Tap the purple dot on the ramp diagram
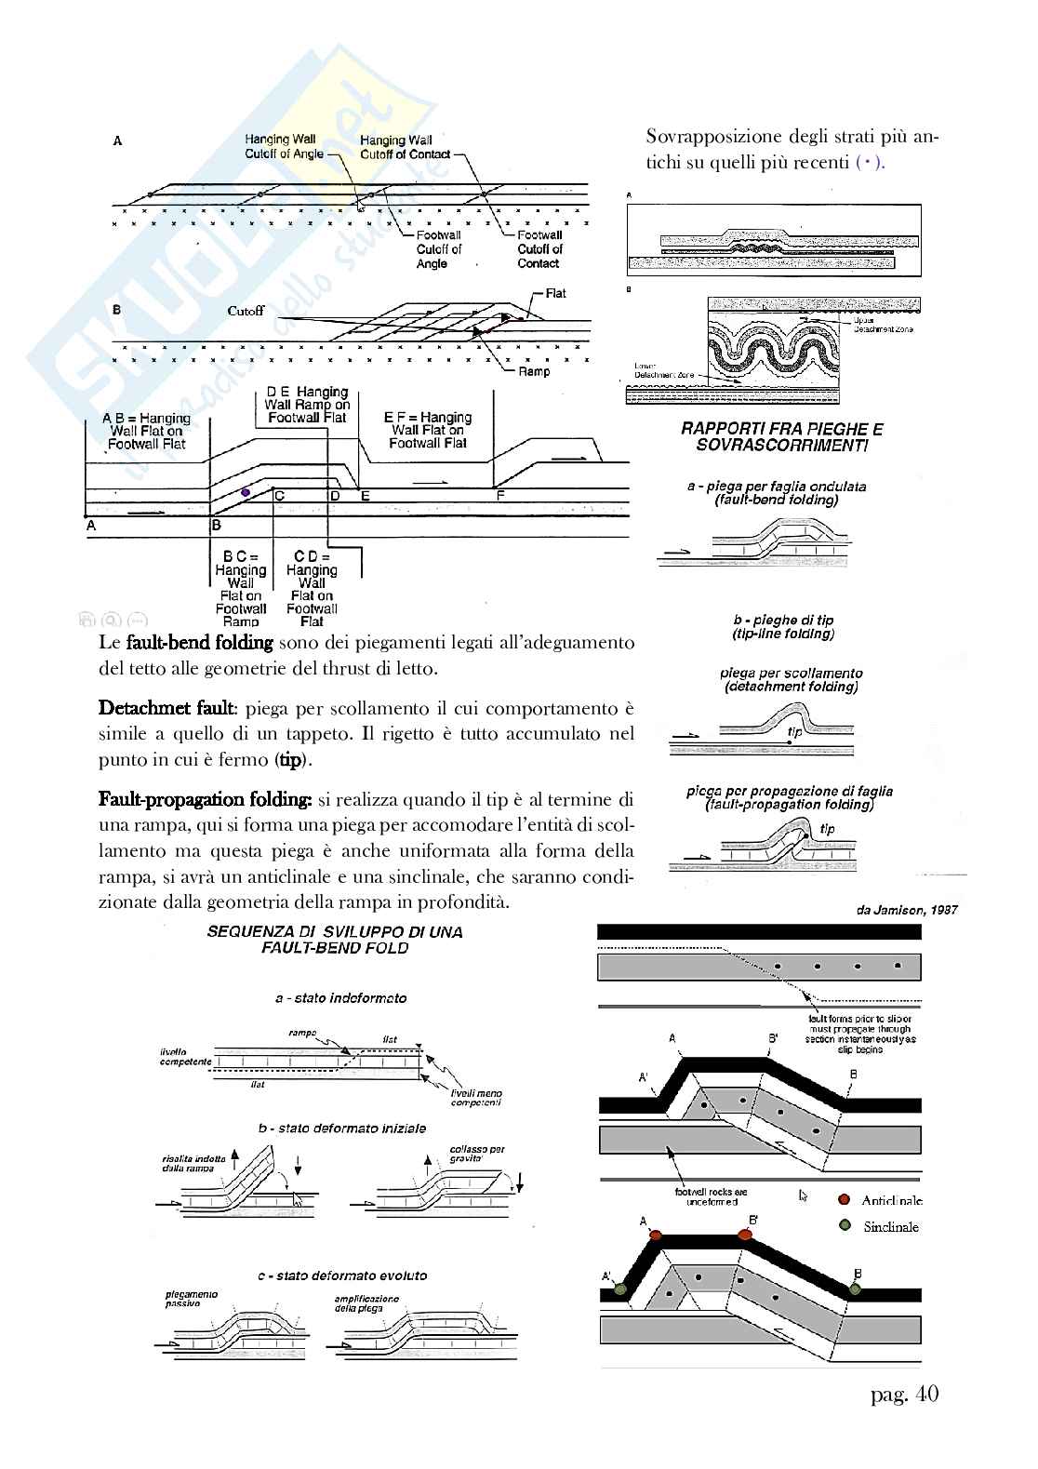point(246,491)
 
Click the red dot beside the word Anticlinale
point(844,1199)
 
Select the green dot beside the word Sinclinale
point(844,1225)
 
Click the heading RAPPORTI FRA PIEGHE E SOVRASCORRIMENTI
point(781,437)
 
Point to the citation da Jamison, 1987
point(907,910)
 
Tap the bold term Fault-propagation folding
point(205,799)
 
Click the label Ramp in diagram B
point(534,371)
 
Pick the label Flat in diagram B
point(555,294)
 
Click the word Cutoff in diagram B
point(246,311)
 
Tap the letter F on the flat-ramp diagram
point(499,496)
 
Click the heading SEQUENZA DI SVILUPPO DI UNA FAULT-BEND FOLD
point(334,940)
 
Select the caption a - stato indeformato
point(340,997)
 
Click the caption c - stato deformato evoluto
point(342,1275)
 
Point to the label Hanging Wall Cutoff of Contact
point(404,147)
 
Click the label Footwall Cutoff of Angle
point(438,249)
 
